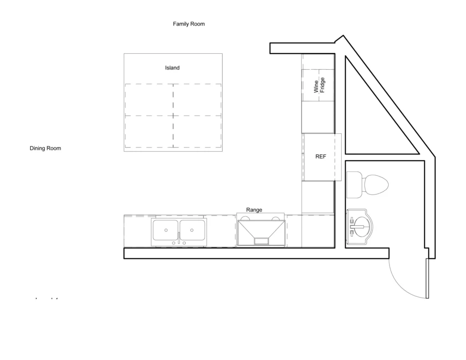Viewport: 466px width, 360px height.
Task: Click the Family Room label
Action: [x=188, y=24]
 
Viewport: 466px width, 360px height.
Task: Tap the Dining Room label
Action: [x=45, y=148]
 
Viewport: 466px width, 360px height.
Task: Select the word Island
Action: [x=172, y=68]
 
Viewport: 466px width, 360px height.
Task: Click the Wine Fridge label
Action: [x=319, y=86]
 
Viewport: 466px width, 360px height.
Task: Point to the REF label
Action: [x=321, y=157]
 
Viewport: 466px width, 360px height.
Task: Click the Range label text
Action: [x=254, y=210]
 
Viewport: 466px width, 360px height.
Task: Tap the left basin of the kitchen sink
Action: [x=166, y=230]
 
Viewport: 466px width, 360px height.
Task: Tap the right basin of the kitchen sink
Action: [x=192, y=230]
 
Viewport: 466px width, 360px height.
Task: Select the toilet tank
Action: [x=354, y=185]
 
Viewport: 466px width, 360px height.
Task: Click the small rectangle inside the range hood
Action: [x=261, y=241]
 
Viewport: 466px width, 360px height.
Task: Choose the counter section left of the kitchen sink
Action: [x=137, y=231]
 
